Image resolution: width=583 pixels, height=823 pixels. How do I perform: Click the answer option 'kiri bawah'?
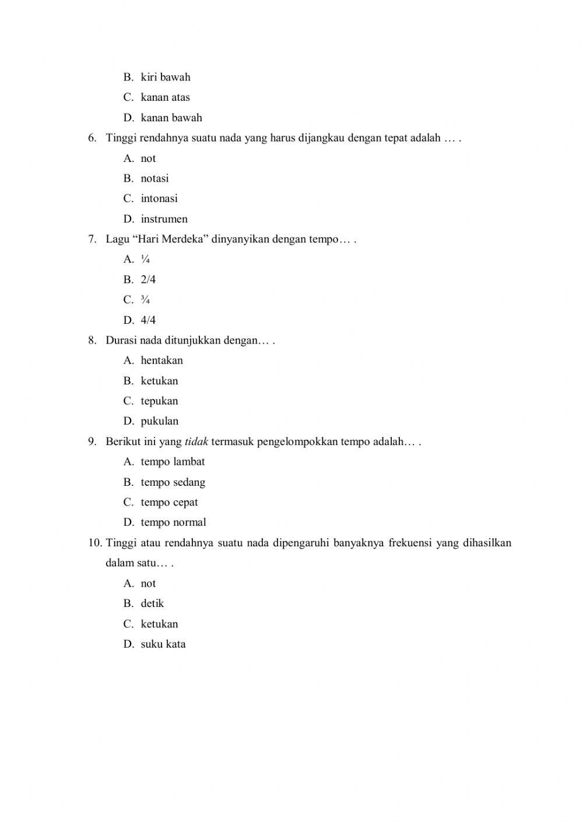point(165,77)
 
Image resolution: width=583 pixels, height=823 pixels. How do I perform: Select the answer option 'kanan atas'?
point(165,97)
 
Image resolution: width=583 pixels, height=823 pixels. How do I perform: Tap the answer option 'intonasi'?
point(159,199)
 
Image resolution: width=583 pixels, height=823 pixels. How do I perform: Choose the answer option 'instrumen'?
point(164,219)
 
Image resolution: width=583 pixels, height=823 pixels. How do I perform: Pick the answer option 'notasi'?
point(154,178)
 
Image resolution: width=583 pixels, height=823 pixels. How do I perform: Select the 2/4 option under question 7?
point(148,280)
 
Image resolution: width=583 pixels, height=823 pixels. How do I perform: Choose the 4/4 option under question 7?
point(148,320)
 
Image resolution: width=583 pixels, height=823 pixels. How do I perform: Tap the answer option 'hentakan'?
point(161,361)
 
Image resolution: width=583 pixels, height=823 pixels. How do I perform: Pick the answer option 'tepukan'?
point(159,401)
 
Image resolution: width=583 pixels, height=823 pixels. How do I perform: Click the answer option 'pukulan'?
point(159,421)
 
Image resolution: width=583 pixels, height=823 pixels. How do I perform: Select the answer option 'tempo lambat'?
point(173,462)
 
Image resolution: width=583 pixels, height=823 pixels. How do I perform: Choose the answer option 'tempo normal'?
point(173,522)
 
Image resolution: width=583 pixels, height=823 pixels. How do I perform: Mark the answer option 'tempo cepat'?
point(169,502)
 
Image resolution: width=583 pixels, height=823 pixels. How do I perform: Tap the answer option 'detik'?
point(152,603)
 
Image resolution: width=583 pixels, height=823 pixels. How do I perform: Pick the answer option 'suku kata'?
point(163,644)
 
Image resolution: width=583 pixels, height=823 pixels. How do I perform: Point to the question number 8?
point(92,341)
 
